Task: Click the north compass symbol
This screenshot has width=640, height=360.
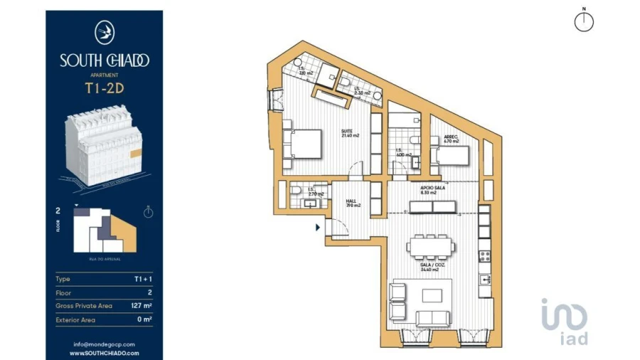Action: (583, 21)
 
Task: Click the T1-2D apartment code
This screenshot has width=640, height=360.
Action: (104, 89)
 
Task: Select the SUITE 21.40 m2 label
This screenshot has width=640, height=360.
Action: (348, 133)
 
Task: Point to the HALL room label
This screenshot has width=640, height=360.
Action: (353, 203)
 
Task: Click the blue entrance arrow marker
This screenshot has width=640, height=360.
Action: (317, 228)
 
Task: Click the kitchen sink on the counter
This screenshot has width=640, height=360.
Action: (484, 280)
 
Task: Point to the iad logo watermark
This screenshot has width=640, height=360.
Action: (565, 322)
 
